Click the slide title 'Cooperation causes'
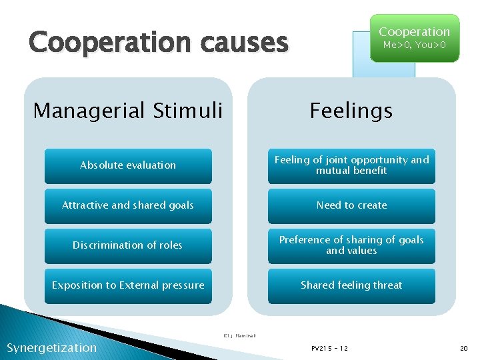point(159,43)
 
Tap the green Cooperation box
point(414,38)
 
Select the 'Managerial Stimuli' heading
point(127,110)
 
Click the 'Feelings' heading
point(351,110)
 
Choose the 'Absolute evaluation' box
point(128,165)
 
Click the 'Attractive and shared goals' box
point(128,205)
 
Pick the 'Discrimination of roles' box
point(128,245)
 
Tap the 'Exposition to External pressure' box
point(128,285)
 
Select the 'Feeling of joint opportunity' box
point(351,165)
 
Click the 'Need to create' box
point(351,205)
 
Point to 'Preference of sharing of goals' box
point(351,245)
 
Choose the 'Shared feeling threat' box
point(351,285)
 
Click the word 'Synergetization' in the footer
point(51,347)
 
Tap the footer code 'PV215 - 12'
point(329,348)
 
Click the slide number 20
point(464,348)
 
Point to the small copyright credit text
point(239,335)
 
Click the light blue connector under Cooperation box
point(383,69)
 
